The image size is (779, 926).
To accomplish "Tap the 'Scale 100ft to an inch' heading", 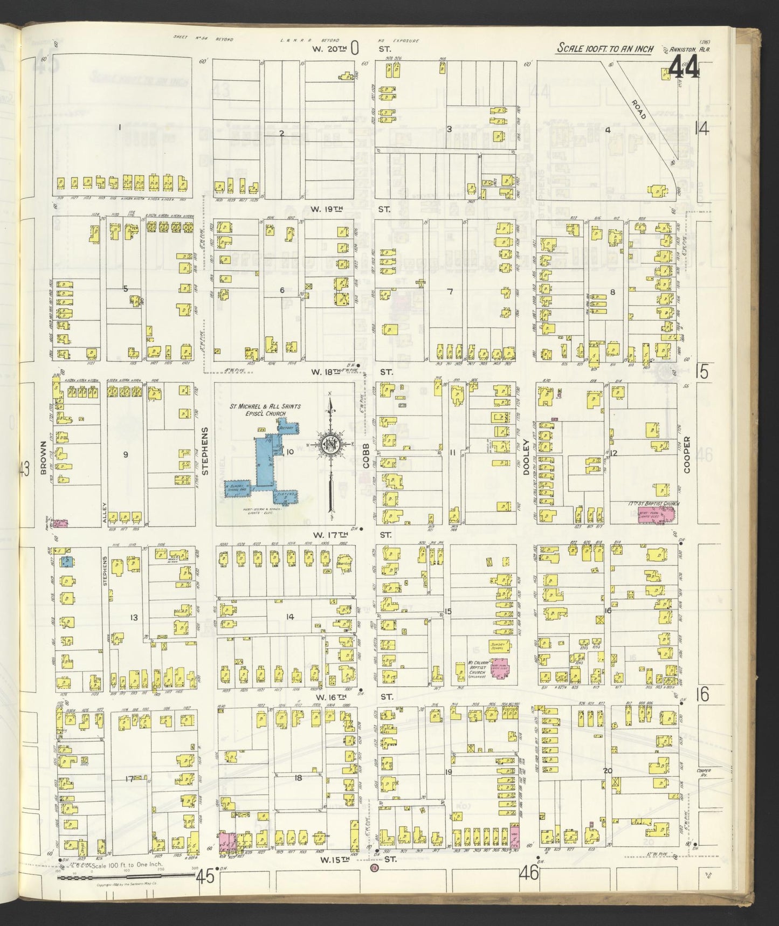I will point(605,49).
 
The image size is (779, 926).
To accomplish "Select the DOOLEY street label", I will point(526,457).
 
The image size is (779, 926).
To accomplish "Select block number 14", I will point(290,616).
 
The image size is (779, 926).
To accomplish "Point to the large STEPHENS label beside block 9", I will point(204,451).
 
